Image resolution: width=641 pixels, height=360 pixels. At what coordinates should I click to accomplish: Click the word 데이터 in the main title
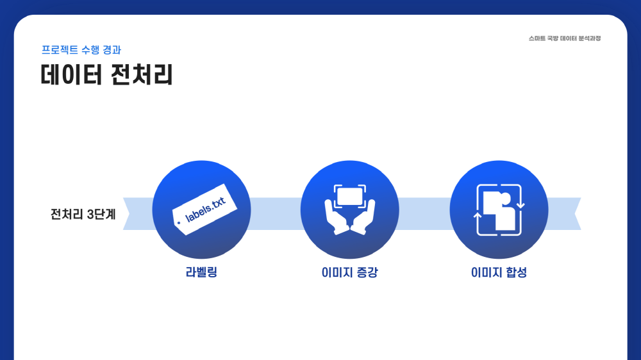pyautogui.click(x=71, y=75)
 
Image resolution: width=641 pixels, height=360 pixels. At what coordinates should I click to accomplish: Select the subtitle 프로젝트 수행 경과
pyautogui.click(x=81, y=50)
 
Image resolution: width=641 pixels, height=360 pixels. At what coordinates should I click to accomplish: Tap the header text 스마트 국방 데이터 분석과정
pyautogui.click(x=565, y=38)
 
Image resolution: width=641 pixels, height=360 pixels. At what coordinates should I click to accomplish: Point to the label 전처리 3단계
pyautogui.click(x=83, y=214)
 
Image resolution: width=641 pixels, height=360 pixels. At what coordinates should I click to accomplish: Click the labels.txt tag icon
pyautogui.click(x=205, y=209)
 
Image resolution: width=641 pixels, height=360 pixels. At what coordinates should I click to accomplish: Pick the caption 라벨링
pyautogui.click(x=201, y=272)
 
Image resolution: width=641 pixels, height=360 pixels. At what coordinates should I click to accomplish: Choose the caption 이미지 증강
pyautogui.click(x=349, y=272)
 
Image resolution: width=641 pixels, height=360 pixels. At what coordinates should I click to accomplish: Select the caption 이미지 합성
pyautogui.click(x=499, y=272)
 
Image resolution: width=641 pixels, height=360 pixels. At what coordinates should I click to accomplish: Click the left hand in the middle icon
pyautogui.click(x=336, y=217)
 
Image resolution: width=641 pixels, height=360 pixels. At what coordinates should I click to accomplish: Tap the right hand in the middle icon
pyautogui.click(x=363, y=217)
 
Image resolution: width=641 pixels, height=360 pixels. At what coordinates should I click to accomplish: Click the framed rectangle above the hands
pyautogui.click(x=349, y=196)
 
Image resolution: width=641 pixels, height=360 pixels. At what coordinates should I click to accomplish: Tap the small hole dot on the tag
pyautogui.click(x=179, y=223)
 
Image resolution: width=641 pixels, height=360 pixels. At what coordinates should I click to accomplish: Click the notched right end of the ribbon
pyautogui.click(x=578, y=214)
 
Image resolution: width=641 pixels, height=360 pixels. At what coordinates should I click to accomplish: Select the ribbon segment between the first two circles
pyautogui.click(x=276, y=214)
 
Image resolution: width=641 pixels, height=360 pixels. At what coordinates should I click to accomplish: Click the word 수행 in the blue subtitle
pyautogui.click(x=90, y=50)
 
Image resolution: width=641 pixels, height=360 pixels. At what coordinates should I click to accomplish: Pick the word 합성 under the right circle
pyautogui.click(x=516, y=272)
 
